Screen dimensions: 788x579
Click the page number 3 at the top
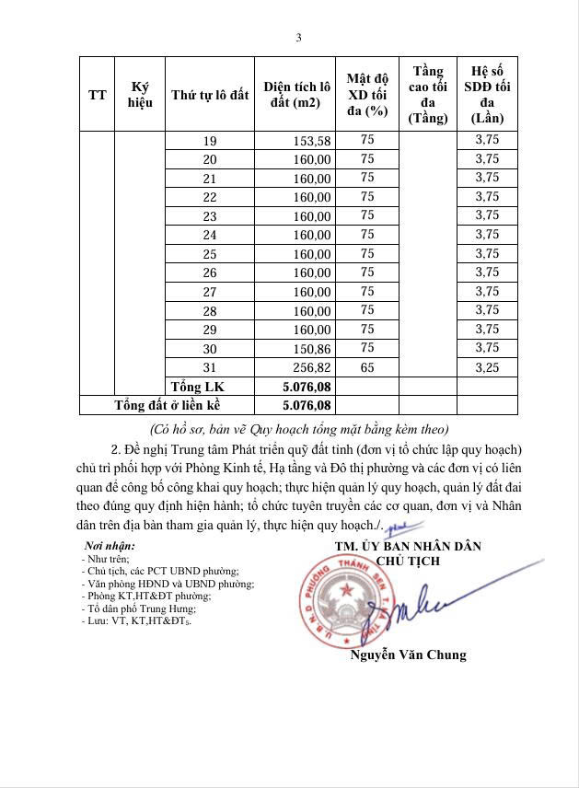point(298,38)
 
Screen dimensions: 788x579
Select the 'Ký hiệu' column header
point(140,94)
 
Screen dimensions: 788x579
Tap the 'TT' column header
point(97,95)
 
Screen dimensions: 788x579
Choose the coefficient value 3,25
point(486,366)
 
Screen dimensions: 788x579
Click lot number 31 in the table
point(210,367)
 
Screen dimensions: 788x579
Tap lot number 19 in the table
point(210,141)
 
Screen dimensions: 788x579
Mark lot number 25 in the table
point(210,254)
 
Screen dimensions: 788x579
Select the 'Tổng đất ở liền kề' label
point(168,405)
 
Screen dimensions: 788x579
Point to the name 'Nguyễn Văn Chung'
point(408,655)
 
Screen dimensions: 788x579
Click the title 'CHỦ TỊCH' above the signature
point(408,561)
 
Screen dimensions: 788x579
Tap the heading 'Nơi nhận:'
point(109,546)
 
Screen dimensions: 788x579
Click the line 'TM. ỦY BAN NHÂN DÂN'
point(408,547)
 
